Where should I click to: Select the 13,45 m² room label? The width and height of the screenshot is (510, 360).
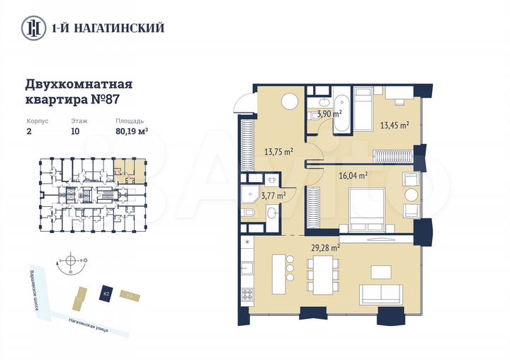tap(395, 125)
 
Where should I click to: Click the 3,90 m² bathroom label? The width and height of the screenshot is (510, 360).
tap(329, 113)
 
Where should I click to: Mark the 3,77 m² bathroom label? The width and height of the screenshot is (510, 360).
tap(273, 196)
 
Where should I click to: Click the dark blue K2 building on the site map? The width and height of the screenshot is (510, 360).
tap(106, 293)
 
